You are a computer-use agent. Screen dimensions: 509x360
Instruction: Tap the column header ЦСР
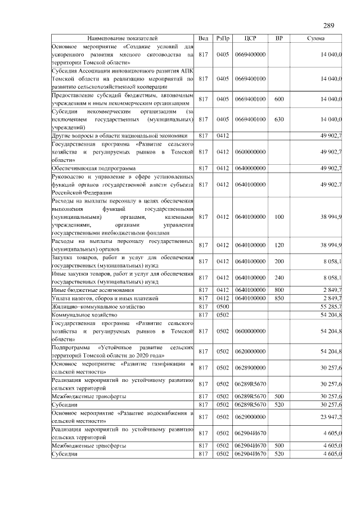(x=250, y=38)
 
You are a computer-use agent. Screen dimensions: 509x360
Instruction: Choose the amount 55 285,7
(x=331, y=307)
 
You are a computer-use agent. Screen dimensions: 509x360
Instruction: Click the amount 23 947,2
(x=331, y=417)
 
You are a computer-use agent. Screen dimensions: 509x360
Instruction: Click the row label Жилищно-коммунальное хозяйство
(x=98, y=307)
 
